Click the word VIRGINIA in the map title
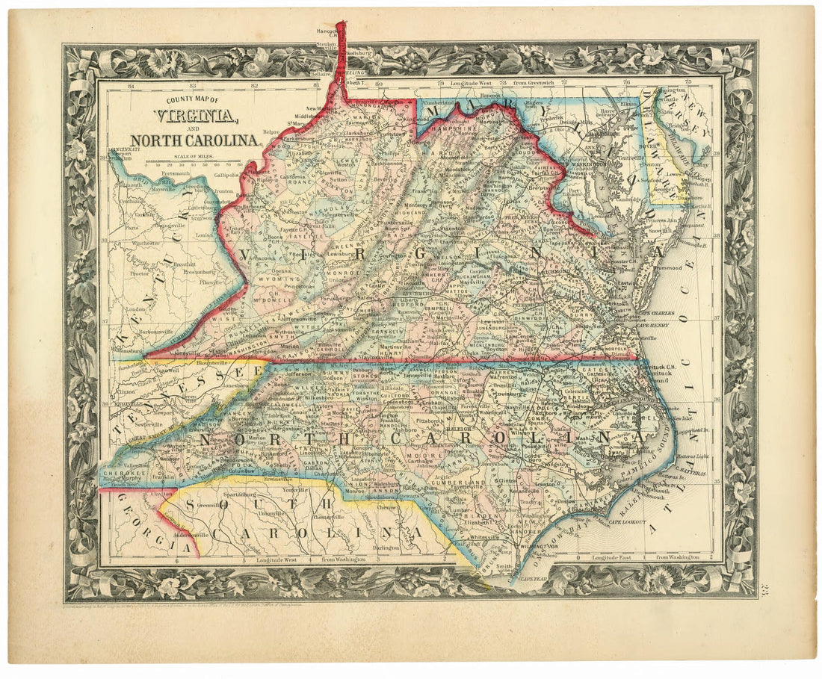pos(196,116)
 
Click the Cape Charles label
pos(655,312)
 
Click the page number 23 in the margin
pos(764,594)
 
